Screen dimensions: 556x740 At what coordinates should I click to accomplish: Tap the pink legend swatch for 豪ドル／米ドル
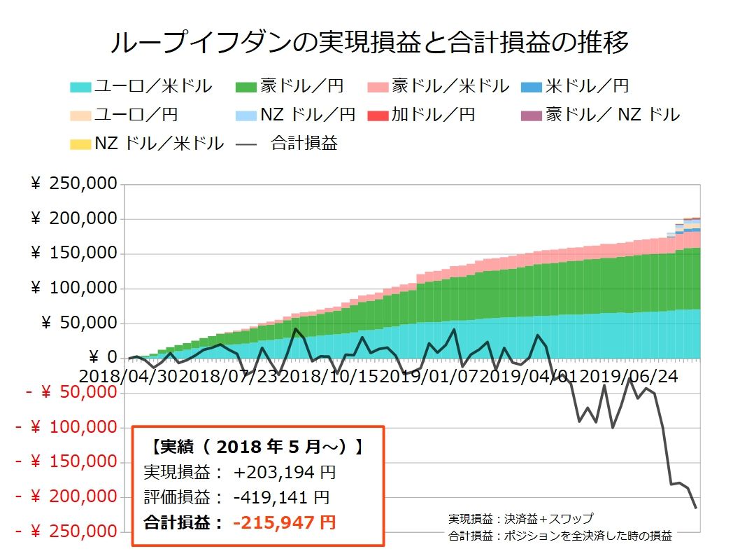click(x=377, y=88)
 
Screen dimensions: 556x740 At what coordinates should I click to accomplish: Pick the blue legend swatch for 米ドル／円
click(x=532, y=88)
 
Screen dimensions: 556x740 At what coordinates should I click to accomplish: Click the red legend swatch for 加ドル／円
click(x=377, y=116)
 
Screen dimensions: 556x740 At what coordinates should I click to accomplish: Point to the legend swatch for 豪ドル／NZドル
click(x=532, y=116)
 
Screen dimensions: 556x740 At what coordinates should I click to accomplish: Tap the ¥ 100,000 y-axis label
click(x=73, y=289)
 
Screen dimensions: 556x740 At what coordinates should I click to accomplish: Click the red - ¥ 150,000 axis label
click(x=66, y=462)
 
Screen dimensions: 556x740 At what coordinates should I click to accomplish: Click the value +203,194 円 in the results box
click(x=285, y=473)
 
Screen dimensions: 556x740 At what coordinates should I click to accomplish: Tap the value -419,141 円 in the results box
click(x=281, y=497)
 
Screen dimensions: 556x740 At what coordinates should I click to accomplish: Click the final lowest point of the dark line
click(x=696, y=508)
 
